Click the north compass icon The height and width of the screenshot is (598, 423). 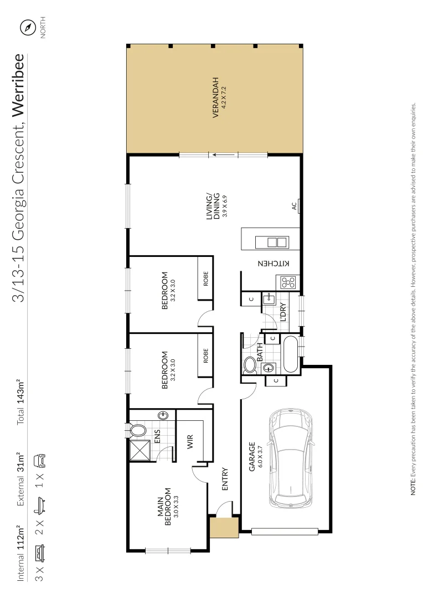pos(27,27)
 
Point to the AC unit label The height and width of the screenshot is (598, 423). pos(294,206)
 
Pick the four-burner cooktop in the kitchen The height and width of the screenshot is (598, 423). pos(289,282)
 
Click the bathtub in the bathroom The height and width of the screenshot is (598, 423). pos(290,354)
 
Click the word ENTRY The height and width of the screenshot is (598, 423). pos(225,480)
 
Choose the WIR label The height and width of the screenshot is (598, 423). pos(190,441)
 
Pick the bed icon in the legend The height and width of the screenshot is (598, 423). pos(40,553)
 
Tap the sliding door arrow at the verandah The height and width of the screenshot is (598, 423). pos(224,156)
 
